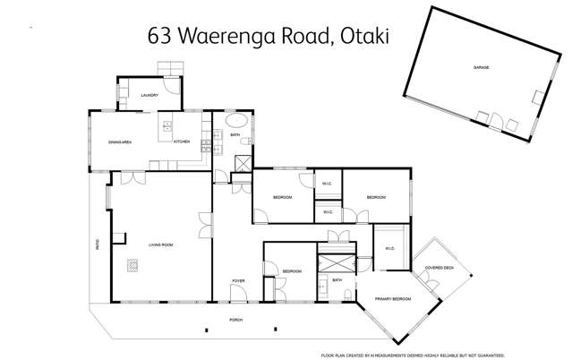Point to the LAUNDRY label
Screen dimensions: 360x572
pos(149,94)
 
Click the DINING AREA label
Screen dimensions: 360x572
pos(120,142)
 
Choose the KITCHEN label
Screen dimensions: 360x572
pos(182,142)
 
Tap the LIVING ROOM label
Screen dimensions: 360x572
pos(160,242)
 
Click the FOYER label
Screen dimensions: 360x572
pos(238,281)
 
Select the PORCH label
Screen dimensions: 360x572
pos(236,320)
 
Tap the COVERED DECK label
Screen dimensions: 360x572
pos(439,267)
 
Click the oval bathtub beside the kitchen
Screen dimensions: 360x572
pos(235,121)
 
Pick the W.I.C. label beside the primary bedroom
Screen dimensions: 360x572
pos(390,249)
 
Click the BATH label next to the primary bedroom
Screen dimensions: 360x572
pos(337,280)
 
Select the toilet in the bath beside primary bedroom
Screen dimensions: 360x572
pos(321,291)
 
